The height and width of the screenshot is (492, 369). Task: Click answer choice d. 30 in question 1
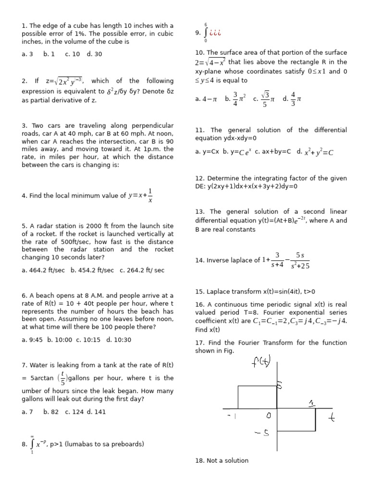tap(94, 54)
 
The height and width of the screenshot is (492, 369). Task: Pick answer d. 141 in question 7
tap(96, 412)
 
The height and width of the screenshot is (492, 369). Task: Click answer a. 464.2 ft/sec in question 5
tap(43, 271)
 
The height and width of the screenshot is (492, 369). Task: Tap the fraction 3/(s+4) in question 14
tap(277, 260)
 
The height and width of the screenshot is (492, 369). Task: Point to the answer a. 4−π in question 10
tap(206, 99)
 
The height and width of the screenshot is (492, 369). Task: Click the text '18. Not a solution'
tap(221, 460)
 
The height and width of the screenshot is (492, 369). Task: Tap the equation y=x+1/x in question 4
tap(138, 196)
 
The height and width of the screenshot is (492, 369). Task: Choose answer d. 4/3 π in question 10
tap(292, 99)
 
